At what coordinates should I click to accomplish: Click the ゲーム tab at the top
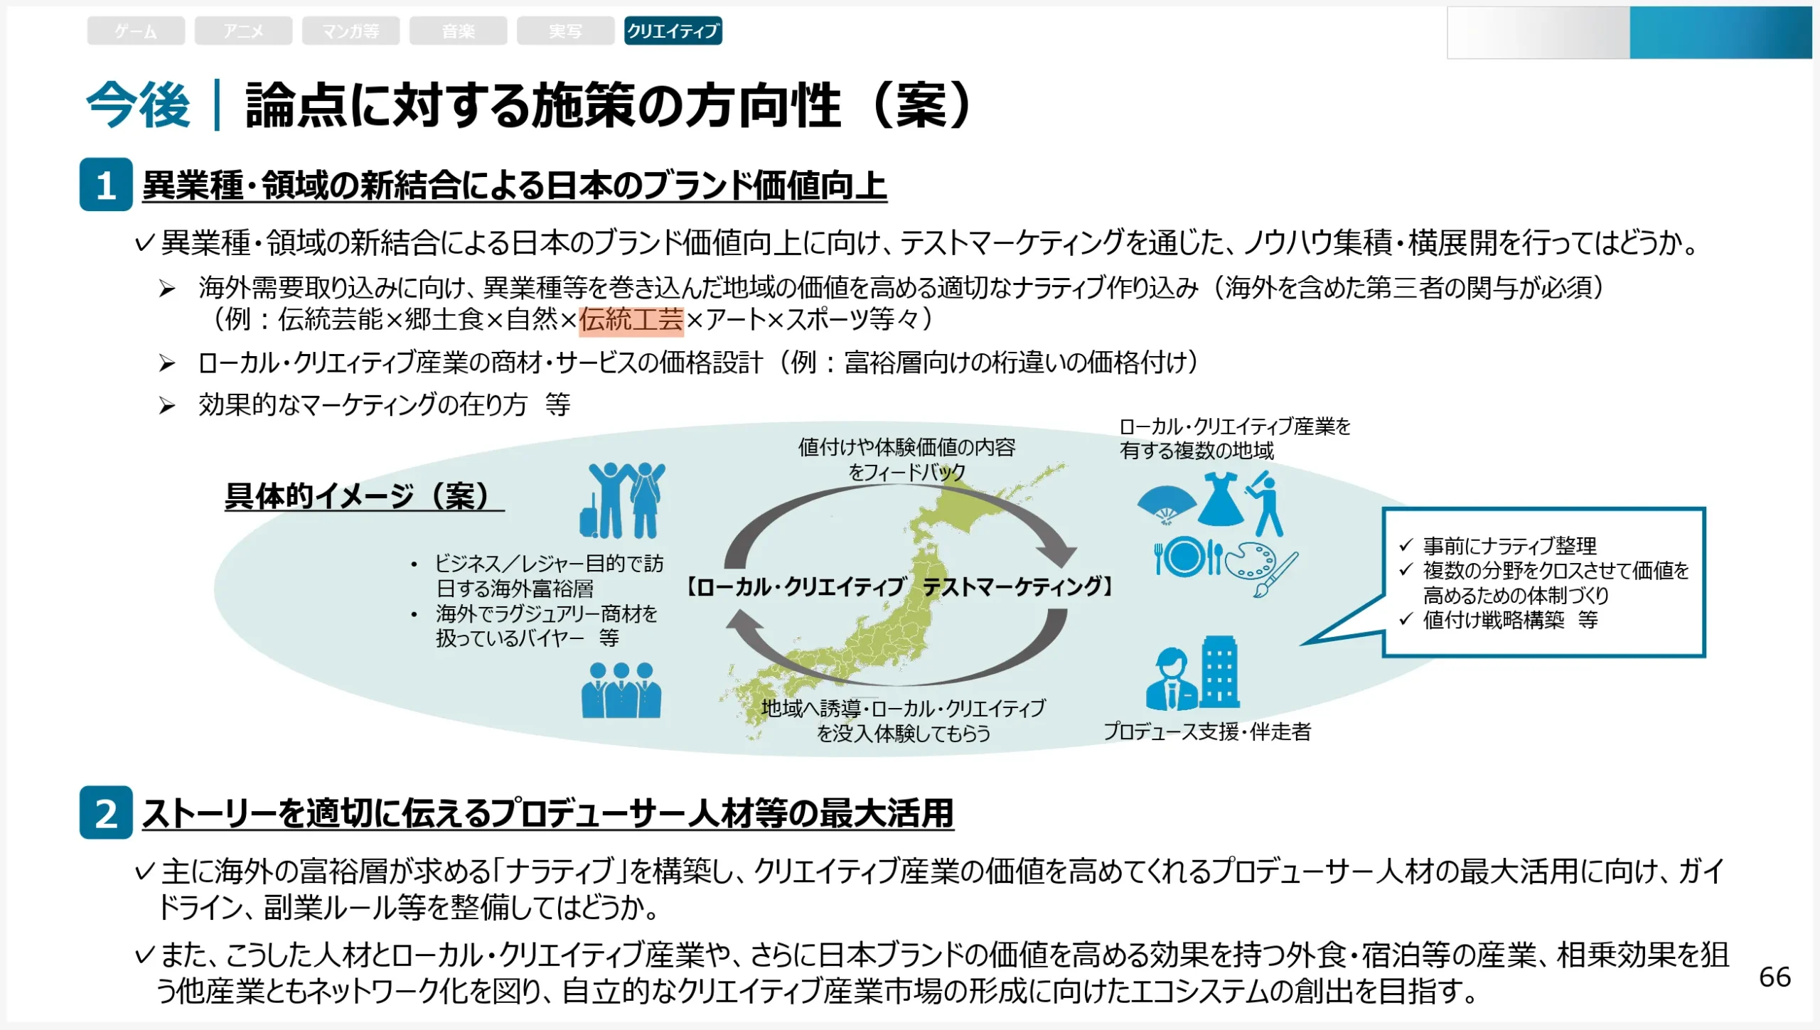(x=136, y=31)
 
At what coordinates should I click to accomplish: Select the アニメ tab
(x=243, y=31)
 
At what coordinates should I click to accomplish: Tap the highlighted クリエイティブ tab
(x=673, y=31)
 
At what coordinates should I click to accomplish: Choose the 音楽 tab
(x=458, y=31)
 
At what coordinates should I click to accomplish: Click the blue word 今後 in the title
(x=139, y=105)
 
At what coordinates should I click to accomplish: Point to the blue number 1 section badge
(x=106, y=185)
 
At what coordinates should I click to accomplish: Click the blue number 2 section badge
(x=106, y=812)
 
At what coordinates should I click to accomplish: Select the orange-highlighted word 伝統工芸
(x=631, y=320)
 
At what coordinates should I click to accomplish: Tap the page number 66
(x=1774, y=977)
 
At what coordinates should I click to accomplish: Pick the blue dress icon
(x=1221, y=500)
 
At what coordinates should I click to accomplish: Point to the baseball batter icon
(x=1266, y=505)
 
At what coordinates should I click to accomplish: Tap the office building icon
(x=1220, y=672)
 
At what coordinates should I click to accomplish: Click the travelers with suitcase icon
(x=622, y=501)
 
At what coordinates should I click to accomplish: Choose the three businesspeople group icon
(x=621, y=690)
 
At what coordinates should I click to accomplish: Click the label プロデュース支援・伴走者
(x=1207, y=731)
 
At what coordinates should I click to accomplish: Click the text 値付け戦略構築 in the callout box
(x=1494, y=621)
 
